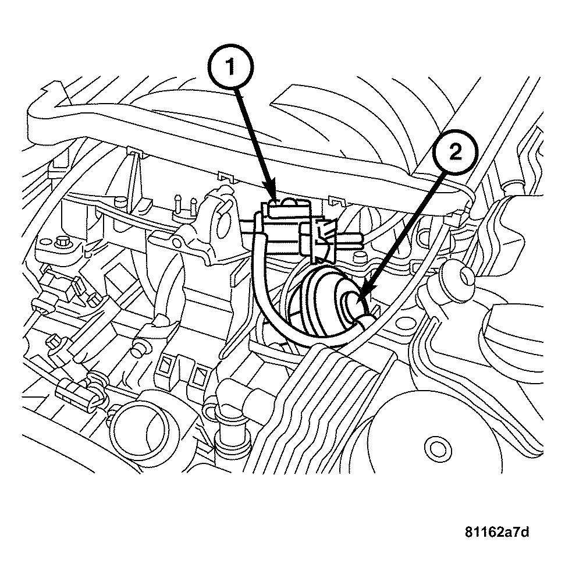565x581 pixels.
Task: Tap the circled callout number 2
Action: pos(455,153)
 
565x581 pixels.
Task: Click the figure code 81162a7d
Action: pos(497,532)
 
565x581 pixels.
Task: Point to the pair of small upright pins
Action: pos(185,205)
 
